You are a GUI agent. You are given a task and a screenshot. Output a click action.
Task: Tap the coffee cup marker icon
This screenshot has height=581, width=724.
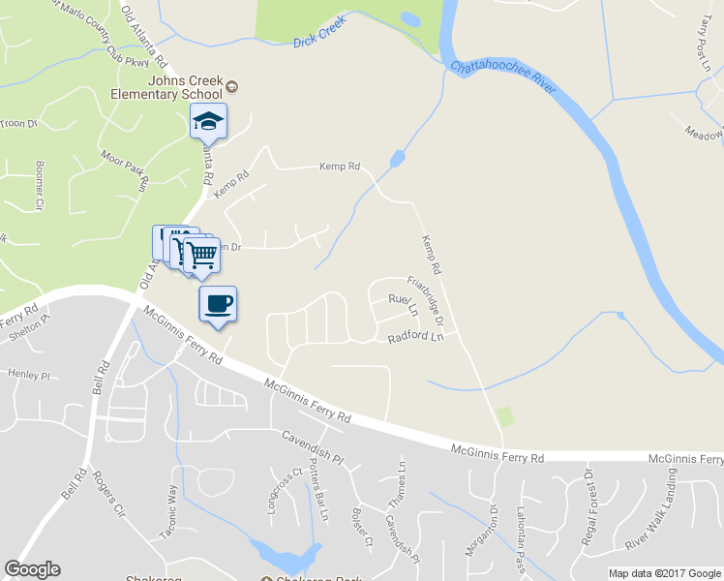point(218,303)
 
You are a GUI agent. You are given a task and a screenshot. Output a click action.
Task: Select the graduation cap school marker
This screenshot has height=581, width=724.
point(207,121)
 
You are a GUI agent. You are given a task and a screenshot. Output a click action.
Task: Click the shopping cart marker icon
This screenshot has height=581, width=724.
point(201,255)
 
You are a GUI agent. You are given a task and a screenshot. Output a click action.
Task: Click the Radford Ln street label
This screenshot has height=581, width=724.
point(415,338)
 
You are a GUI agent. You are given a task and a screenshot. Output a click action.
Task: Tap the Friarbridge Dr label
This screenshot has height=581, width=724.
point(425,300)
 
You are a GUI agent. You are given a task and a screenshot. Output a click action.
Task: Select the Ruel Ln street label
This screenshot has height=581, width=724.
point(402,306)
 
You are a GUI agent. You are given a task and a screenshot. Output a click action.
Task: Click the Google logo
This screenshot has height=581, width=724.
point(32,569)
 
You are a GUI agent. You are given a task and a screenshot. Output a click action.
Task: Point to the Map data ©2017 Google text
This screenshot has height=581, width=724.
point(663,573)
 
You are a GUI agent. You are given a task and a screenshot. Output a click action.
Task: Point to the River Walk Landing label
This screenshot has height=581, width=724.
point(649,509)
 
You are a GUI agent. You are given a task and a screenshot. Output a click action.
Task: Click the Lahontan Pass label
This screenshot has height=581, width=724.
point(520,545)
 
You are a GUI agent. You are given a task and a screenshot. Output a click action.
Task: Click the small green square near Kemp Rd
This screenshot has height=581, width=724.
point(503,416)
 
